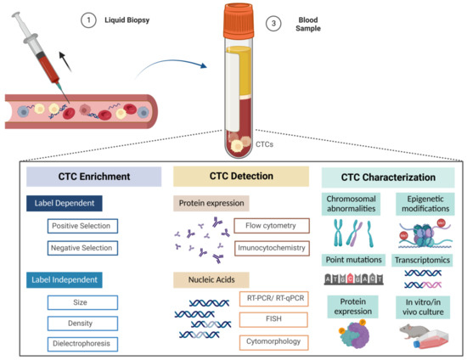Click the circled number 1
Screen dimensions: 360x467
pyautogui.click(x=85, y=22)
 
